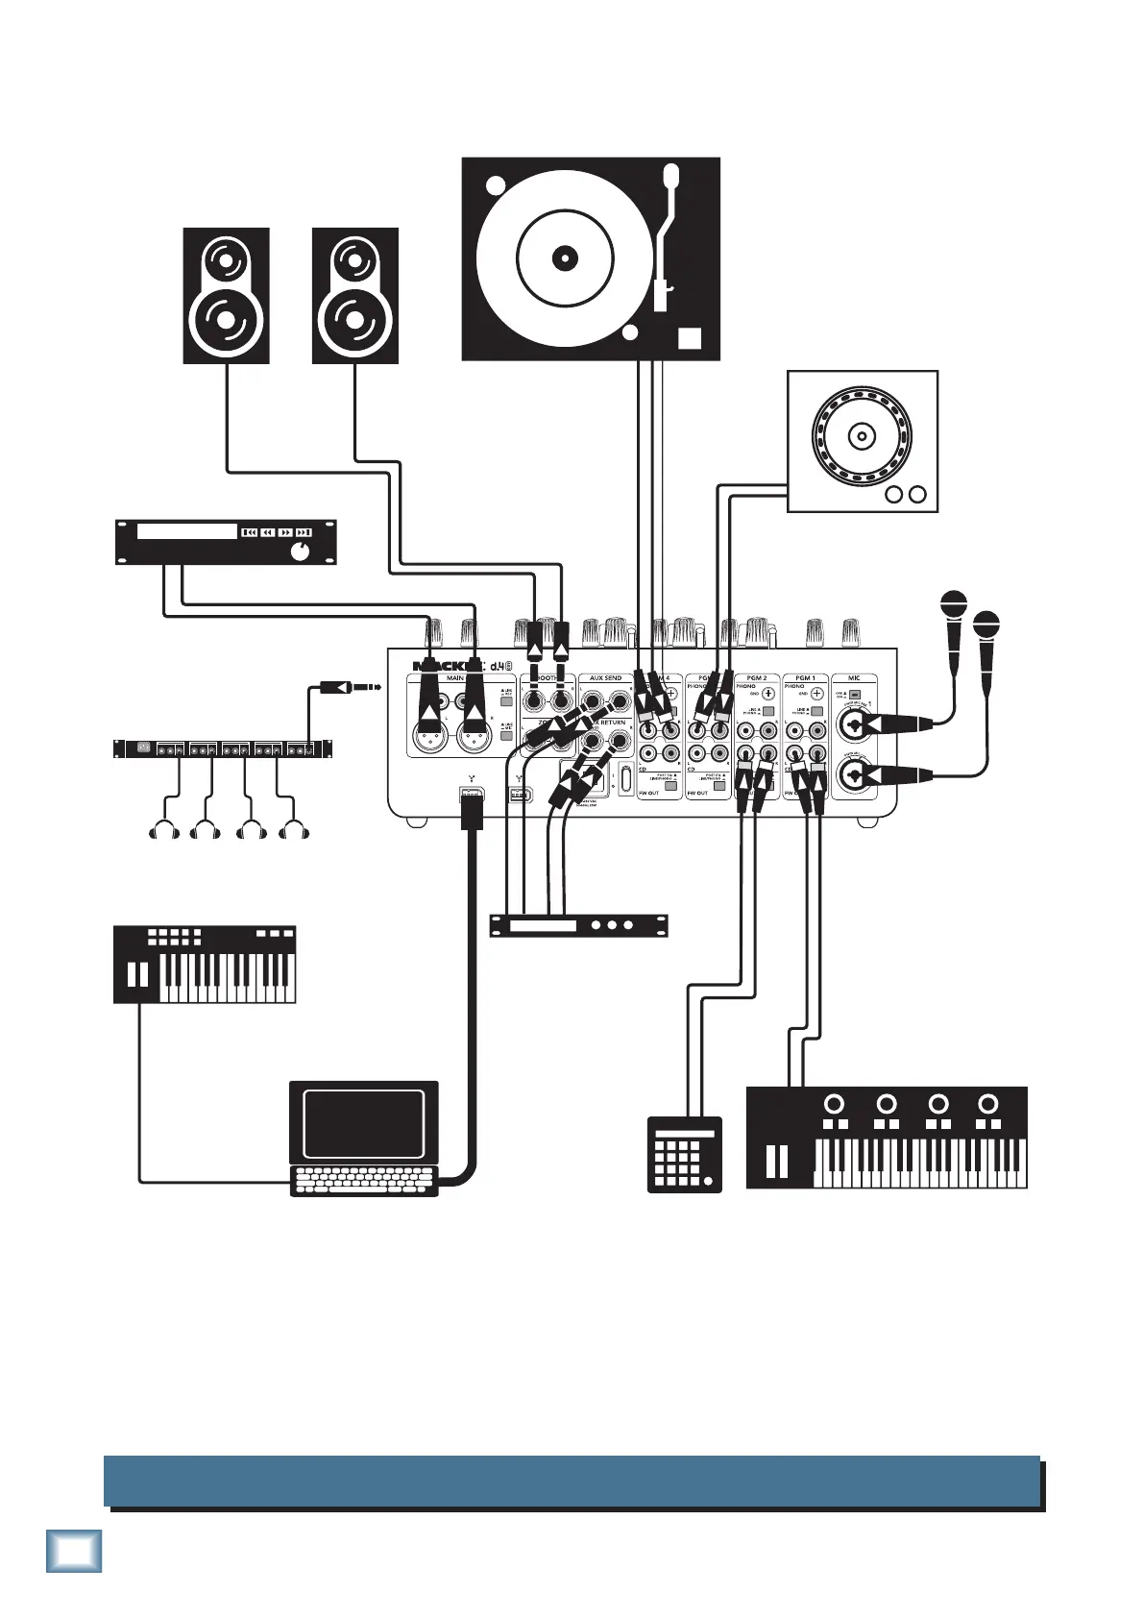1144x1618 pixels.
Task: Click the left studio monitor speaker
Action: [x=226, y=295]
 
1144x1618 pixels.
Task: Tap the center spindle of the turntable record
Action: [x=565, y=257]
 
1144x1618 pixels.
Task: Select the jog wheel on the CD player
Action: [x=862, y=436]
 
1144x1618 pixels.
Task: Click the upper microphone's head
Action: [x=953, y=605]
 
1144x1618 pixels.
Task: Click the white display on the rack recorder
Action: [x=186, y=531]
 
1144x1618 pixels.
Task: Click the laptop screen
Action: [x=363, y=1123]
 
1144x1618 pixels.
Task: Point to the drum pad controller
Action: [x=684, y=1154]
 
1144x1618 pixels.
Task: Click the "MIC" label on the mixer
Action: [x=854, y=678]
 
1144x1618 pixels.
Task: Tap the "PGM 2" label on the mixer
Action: [x=757, y=678]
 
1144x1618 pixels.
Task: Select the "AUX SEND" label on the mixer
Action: [x=606, y=678]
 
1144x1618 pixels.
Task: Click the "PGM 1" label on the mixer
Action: [x=805, y=678]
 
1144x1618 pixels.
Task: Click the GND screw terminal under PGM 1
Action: [x=817, y=694]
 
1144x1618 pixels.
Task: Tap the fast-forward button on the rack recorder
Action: [x=286, y=531]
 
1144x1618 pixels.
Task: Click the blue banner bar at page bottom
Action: [x=572, y=1481]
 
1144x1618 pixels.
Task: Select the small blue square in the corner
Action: [x=74, y=1551]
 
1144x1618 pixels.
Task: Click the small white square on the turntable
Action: [x=690, y=338]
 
